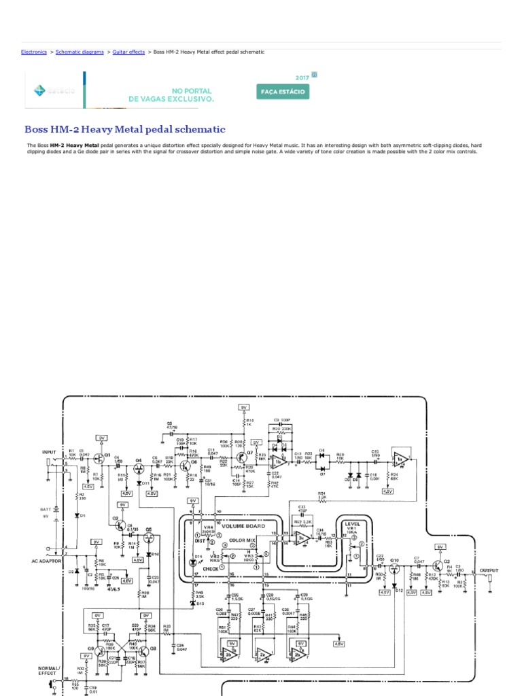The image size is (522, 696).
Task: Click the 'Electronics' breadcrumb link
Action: click(x=34, y=52)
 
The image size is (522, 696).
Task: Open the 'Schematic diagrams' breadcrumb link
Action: click(x=80, y=52)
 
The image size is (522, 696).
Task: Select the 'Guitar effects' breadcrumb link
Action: click(x=128, y=52)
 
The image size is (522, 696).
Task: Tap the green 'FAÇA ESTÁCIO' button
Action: click(x=283, y=91)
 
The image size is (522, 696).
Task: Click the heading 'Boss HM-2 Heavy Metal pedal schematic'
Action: click(x=124, y=129)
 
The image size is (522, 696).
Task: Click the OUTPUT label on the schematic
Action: click(x=489, y=571)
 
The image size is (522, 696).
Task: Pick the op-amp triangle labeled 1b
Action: click(x=278, y=462)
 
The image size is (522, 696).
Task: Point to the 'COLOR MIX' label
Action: click(x=241, y=540)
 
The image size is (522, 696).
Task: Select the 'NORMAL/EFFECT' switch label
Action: click(x=49, y=671)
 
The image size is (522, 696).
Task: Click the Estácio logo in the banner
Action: click(x=44, y=89)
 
